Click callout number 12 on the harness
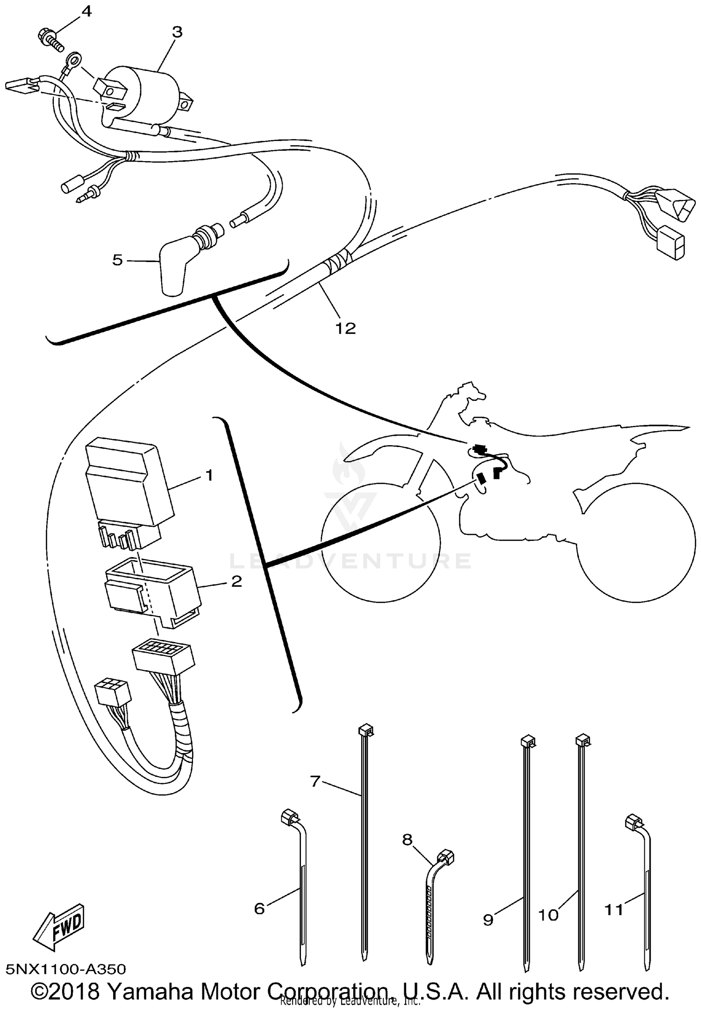(345, 328)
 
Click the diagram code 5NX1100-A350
(65, 969)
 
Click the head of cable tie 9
(528, 742)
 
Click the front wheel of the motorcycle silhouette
(381, 542)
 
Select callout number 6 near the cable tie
(259, 909)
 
